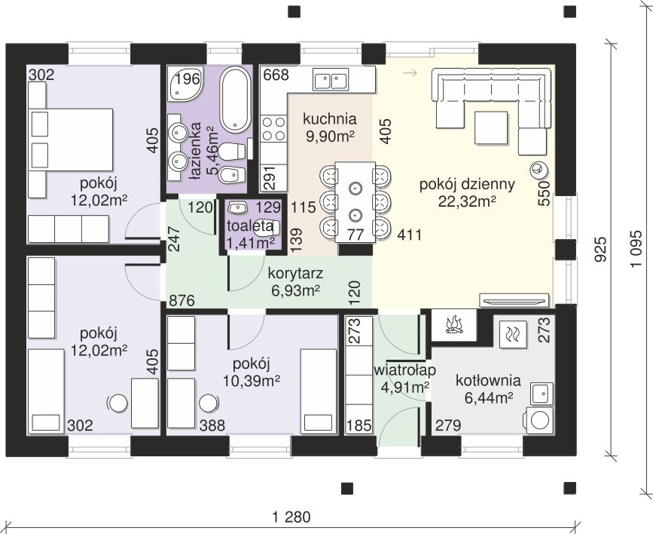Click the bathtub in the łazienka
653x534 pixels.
pos(235,99)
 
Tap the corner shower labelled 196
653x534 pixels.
pos(186,84)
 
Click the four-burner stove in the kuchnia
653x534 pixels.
pos(273,128)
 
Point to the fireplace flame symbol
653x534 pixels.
pos(454,325)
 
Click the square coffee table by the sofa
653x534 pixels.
pos(491,127)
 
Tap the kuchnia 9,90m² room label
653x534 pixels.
pos(330,127)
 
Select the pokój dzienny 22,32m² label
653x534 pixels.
pos(467,193)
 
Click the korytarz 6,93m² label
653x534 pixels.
pos(296,282)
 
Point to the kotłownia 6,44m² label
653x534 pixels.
pos(488,389)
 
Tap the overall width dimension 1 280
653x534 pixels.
pos(291,517)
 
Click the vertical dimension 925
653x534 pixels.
pos(600,250)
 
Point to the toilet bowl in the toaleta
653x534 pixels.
pos(266,228)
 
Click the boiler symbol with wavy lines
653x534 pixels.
pos(511,334)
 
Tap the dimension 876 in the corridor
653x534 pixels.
pos(182,300)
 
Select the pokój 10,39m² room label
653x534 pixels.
pos(251,372)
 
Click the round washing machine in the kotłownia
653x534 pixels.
pos(540,420)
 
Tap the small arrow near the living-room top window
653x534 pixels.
pos(410,73)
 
